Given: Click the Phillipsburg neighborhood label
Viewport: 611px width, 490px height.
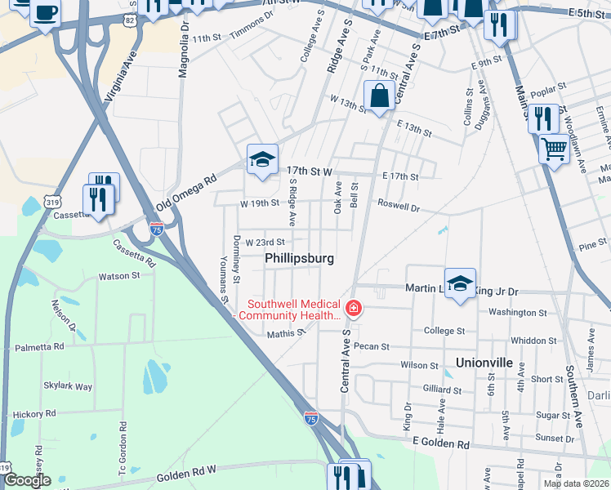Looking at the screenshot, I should point(300,258).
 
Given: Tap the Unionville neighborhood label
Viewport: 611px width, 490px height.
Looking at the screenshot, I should point(484,362).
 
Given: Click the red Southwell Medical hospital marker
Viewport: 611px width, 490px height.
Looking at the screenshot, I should point(354,309).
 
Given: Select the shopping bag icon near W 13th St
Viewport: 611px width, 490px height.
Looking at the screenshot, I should point(380,96).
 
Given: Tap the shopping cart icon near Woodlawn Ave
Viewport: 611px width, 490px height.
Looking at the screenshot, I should point(554,150).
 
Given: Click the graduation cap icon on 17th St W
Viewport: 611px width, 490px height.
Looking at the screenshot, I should point(262,160).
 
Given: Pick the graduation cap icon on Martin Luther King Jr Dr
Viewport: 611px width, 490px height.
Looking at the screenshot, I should point(460,284).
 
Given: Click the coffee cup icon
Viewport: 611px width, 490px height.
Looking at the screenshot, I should point(46,13).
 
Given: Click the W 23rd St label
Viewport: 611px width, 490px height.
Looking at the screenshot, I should point(265,242).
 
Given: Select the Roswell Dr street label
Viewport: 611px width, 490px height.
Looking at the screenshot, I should point(398,208).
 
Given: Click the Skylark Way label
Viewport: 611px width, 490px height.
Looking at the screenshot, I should point(68,386).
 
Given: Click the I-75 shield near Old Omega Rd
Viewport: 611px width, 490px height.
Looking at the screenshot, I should point(156,229).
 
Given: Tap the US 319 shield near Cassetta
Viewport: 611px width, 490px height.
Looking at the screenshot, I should point(52,201).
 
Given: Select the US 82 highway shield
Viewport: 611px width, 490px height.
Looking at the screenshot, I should point(132,18).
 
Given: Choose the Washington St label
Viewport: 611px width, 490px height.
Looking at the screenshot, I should point(517,312).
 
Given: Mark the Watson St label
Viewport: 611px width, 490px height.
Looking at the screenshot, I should point(120,276).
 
